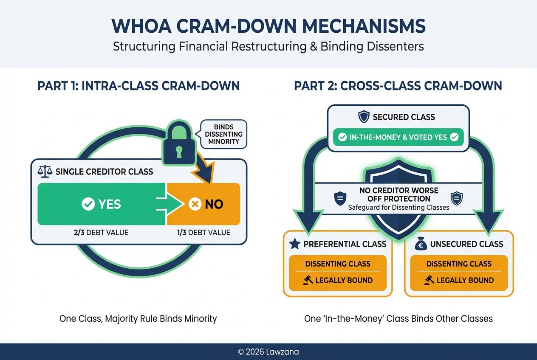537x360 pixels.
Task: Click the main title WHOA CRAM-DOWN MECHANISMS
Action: click(268, 26)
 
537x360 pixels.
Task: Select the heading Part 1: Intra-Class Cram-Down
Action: click(138, 86)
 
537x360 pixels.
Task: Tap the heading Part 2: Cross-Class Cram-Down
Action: click(398, 86)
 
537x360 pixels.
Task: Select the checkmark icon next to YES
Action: click(88, 204)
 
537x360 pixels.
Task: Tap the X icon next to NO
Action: click(195, 204)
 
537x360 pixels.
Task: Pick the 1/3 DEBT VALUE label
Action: click(204, 232)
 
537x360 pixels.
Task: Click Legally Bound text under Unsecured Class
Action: click(465, 280)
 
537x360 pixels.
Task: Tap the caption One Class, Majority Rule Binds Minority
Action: click(138, 318)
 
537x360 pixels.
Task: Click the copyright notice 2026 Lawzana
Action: click(268, 352)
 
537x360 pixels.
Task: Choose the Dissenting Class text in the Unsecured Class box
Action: click(459, 264)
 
